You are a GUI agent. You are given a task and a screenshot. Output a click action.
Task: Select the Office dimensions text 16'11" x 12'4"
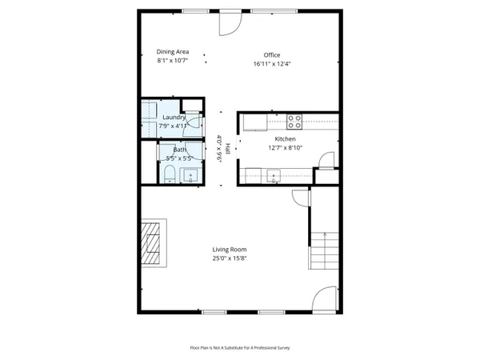pos(271,63)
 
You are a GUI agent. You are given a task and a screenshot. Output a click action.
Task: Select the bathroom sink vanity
pos(190,174)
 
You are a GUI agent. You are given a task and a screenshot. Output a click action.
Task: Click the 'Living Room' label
pos(229,249)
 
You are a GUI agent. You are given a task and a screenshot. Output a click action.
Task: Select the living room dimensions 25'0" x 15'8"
pos(229,258)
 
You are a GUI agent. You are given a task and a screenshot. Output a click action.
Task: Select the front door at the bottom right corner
pos(326,299)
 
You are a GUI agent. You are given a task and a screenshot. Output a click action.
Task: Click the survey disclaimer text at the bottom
pos(239,347)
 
